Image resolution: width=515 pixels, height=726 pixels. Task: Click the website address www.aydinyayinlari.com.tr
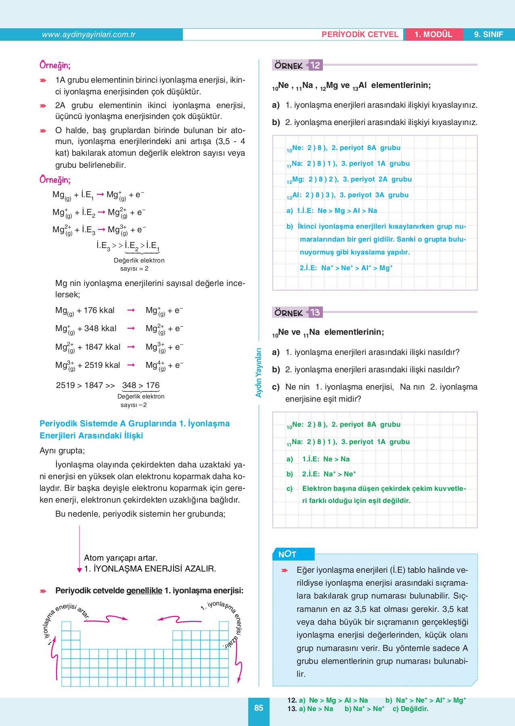(x=88, y=35)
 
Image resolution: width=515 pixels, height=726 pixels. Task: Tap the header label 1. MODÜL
(x=433, y=35)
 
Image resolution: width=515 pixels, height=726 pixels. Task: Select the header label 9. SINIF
(x=488, y=35)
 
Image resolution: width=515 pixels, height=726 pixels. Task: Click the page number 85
(x=259, y=707)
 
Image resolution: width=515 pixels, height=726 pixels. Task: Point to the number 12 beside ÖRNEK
(x=315, y=65)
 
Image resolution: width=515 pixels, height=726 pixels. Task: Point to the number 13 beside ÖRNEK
(x=315, y=312)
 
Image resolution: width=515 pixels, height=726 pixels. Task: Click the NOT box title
(x=287, y=554)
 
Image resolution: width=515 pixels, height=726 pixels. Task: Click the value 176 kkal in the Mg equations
(x=99, y=310)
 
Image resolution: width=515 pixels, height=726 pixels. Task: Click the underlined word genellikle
(x=144, y=590)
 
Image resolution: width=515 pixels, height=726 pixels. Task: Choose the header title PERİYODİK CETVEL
(x=360, y=35)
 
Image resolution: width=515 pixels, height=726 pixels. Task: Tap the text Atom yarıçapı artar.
(x=121, y=558)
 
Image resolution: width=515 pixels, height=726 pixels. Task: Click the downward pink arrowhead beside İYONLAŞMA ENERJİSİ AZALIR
(x=80, y=570)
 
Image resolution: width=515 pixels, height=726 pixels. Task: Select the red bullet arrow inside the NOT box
(x=285, y=570)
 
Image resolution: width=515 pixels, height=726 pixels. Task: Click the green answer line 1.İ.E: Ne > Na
(x=326, y=459)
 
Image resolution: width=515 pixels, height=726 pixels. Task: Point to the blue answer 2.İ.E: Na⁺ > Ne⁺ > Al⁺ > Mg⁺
(x=346, y=268)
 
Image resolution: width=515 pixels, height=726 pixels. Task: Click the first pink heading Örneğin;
(x=55, y=65)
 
